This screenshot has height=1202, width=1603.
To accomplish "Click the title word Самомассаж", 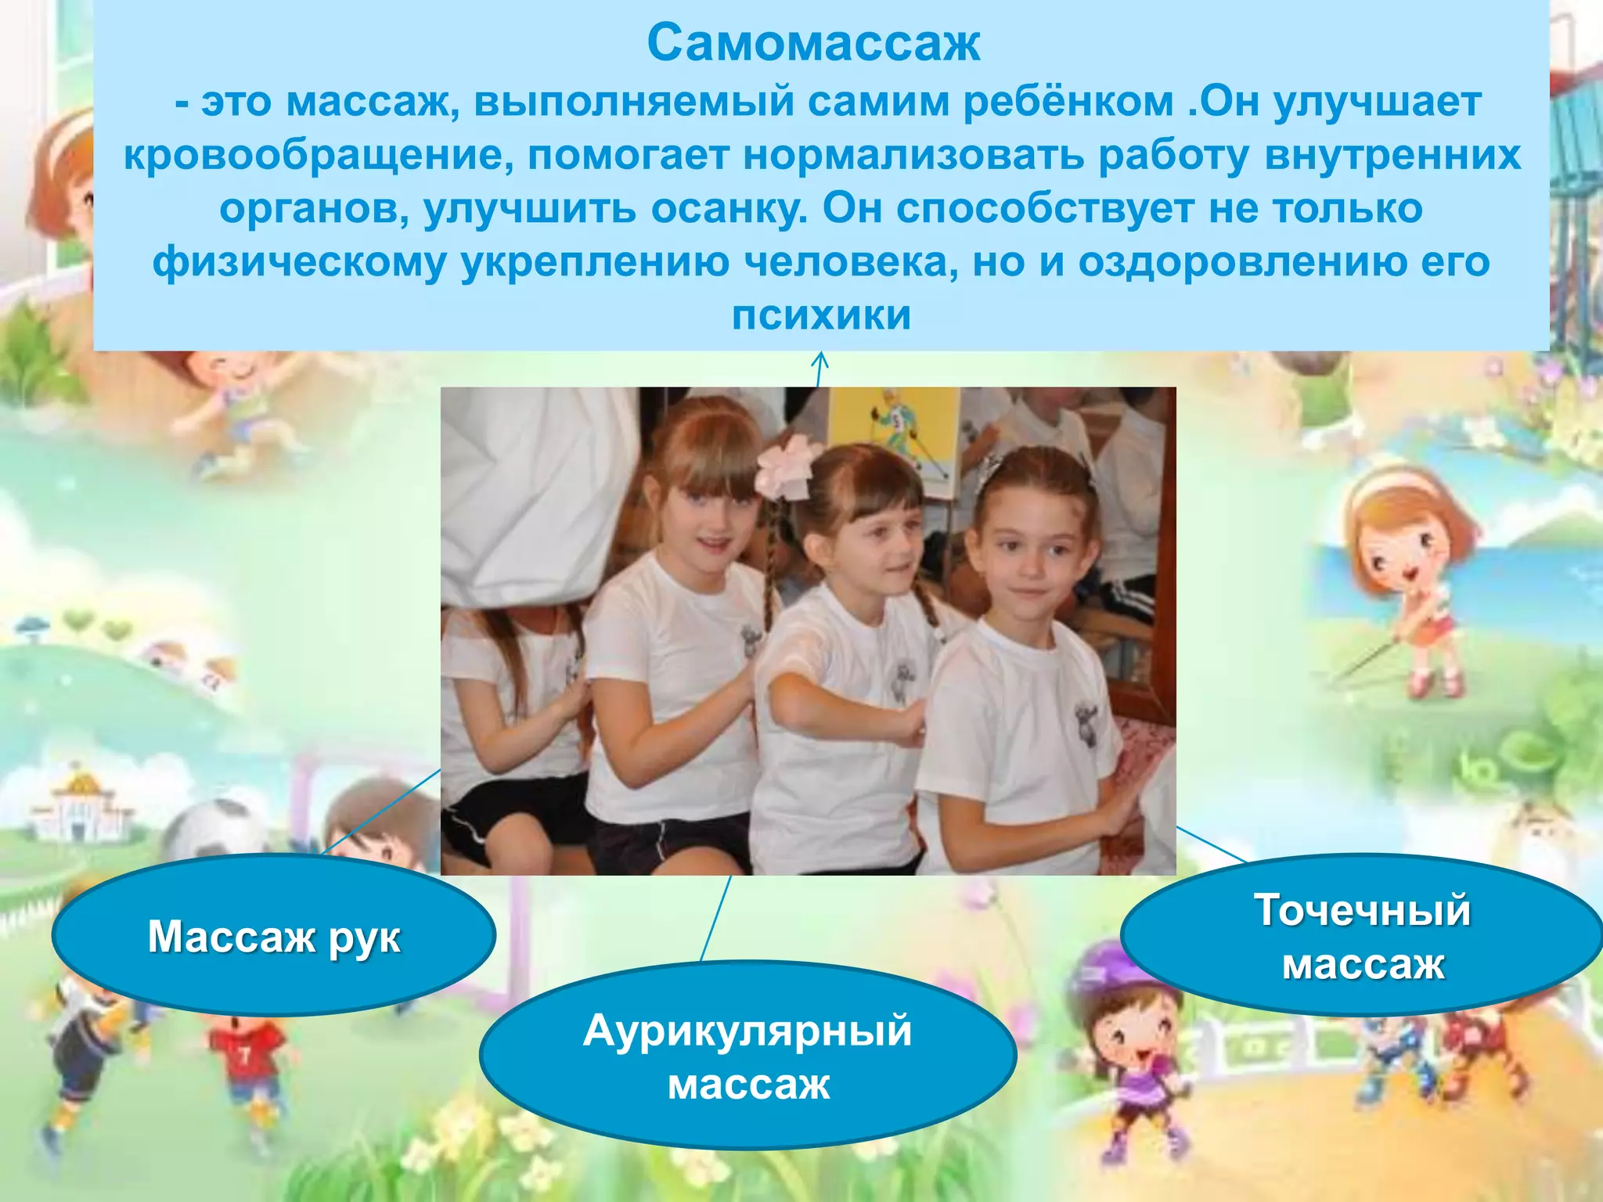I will pos(813,44).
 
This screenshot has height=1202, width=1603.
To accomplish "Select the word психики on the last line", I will pos(821,315).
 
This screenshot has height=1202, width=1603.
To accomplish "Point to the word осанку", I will pos(728,209).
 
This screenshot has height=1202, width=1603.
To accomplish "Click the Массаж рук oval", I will pos(274,936).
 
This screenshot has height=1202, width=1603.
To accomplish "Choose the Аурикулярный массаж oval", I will pos(747,1056).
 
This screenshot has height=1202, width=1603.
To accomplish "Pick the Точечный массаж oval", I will pos(1363,936).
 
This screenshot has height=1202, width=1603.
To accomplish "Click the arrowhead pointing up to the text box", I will pos(820,360).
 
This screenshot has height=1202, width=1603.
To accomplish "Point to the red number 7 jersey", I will pos(246,1053).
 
